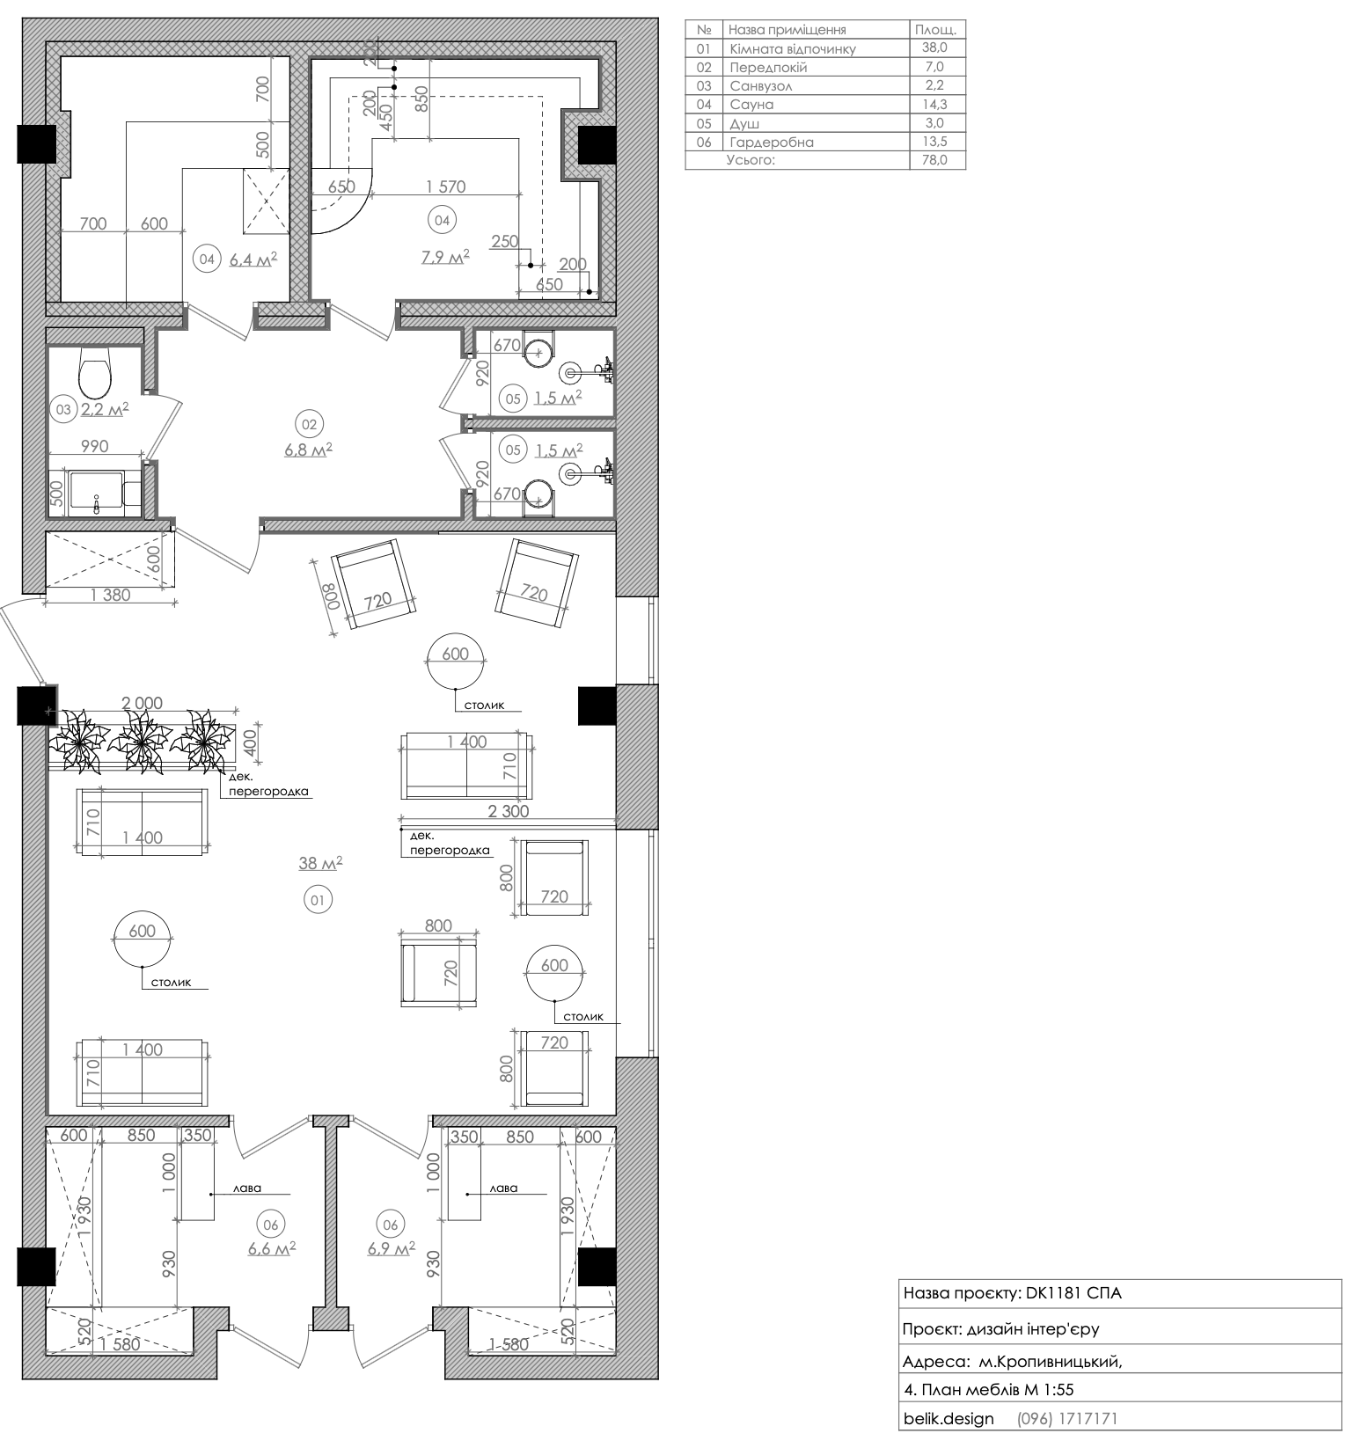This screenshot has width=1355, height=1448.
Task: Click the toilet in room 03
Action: [94, 373]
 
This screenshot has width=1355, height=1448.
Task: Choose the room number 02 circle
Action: [309, 425]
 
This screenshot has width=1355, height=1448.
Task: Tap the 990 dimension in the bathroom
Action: [94, 447]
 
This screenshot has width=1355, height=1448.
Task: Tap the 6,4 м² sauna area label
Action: [253, 260]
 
